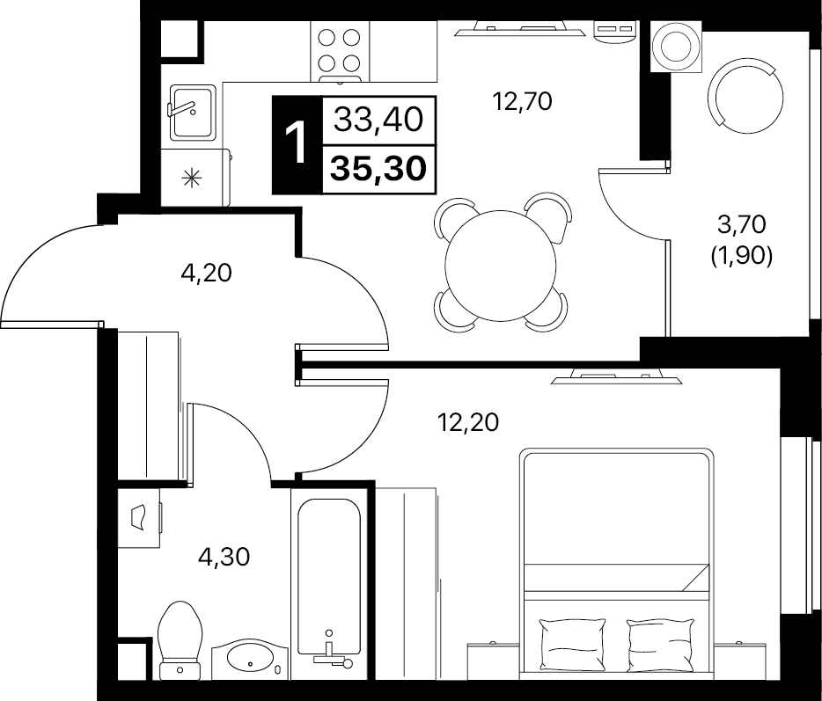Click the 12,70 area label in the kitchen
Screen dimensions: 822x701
coord(522,101)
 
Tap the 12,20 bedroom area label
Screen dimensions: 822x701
coord(468,422)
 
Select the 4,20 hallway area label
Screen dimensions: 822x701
coord(206,273)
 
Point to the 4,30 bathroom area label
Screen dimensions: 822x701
coord(224,557)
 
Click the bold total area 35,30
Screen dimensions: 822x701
coord(378,169)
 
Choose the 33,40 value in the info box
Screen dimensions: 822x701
coord(378,120)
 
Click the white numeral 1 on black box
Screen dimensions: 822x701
coord(297,143)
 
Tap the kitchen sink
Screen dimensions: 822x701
coord(193,113)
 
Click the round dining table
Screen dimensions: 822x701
coord(501,265)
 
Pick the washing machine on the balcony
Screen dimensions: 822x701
coord(676,46)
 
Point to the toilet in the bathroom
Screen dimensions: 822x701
coord(180,640)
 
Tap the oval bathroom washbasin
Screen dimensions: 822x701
coord(251,658)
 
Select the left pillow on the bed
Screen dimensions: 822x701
coord(572,642)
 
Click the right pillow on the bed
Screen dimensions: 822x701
coord(661,642)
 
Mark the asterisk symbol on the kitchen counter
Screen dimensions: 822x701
coord(191,179)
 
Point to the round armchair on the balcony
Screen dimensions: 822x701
coord(745,97)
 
